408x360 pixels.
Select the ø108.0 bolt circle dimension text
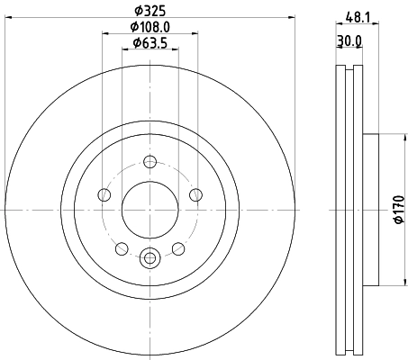click(x=150, y=27)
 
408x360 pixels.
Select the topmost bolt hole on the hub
click(x=150, y=162)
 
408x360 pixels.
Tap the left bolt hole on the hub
click(x=104, y=195)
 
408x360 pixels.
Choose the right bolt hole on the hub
click(x=195, y=195)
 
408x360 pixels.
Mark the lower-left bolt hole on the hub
click(x=122, y=247)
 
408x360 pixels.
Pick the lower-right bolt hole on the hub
click(x=177, y=247)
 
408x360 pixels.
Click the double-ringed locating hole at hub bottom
click(x=150, y=256)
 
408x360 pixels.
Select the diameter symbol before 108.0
click(x=132, y=27)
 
